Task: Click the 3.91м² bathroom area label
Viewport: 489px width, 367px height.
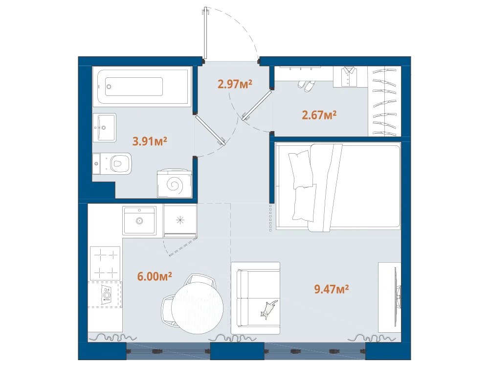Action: [x=150, y=141]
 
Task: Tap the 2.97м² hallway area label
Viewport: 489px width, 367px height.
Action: [x=235, y=84]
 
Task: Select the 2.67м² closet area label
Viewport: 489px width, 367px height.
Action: [x=319, y=115]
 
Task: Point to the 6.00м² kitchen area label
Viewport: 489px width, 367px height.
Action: [x=155, y=276]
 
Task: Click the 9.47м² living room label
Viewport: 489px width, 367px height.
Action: [x=331, y=289]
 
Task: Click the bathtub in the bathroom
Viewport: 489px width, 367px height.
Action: [x=143, y=87]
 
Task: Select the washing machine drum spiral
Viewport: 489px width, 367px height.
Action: [x=174, y=185]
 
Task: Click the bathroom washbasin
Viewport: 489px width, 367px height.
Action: [x=105, y=128]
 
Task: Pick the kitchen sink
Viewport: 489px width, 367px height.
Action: [x=139, y=220]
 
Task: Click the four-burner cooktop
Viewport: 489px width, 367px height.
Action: [x=105, y=263]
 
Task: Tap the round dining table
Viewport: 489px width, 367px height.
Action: [x=197, y=308]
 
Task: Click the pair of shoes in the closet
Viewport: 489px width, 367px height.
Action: [x=306, y=85]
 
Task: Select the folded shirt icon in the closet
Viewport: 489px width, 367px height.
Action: [x=349, y=76]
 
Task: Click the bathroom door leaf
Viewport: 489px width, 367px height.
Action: [x=210, y=130]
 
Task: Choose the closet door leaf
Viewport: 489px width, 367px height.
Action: [x=257, y=106]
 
